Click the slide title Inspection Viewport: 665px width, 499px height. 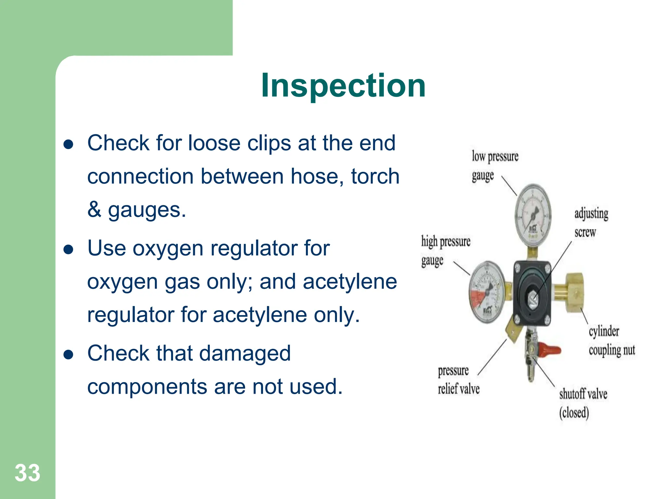tap(343, 85)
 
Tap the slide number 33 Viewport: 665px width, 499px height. tap(27, 473)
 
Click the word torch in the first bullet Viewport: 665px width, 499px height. tap(375, 176)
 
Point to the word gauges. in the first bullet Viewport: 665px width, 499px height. tap(147, 210)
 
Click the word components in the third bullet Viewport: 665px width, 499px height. tap(147, 387)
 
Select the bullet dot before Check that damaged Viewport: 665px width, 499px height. tap(69, 355)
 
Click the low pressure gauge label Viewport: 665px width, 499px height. tap(494, 166)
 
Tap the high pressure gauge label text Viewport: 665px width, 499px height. tap(445, 250)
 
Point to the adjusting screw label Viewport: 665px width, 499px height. tap(591, 223)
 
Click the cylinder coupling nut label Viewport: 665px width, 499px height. tap(611, 340)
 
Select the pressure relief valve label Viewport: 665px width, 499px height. tap(458, 379)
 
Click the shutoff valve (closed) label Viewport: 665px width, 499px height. tap(583, 403)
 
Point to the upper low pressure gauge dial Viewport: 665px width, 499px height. tap(533, 215)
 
